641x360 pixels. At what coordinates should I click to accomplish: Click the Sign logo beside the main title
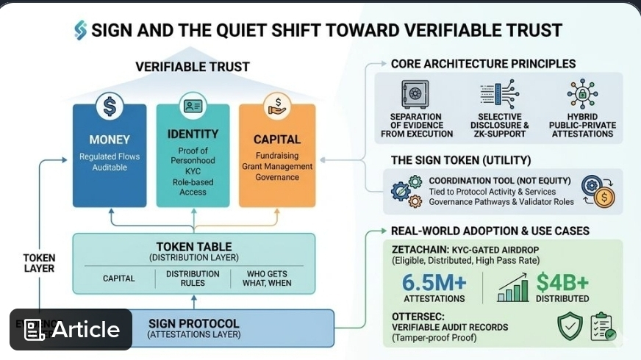point(80,30)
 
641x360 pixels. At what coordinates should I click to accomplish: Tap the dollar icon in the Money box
point(110,108)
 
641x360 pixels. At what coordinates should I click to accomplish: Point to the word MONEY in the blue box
point(110,140)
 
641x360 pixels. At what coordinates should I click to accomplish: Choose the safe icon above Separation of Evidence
point(415,94)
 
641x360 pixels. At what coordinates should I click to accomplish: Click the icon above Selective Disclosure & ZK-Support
point(500,94)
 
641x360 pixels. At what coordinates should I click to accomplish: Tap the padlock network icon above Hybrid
point(582,94)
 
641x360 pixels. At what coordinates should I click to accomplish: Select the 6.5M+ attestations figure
point(434,283)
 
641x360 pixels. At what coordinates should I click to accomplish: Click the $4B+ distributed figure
point(562,283)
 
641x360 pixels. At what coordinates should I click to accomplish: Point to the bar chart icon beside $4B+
point(513,287)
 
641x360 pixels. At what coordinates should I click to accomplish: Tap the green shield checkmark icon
point(570,326)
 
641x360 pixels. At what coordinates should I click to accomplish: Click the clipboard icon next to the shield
point(602,326)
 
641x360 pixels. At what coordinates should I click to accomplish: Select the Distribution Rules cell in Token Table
point(193,278)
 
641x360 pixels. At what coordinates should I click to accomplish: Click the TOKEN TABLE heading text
point(194,247)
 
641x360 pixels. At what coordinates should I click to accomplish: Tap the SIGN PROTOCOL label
point(194,323)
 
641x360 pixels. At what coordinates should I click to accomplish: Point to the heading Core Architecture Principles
point(483,64)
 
